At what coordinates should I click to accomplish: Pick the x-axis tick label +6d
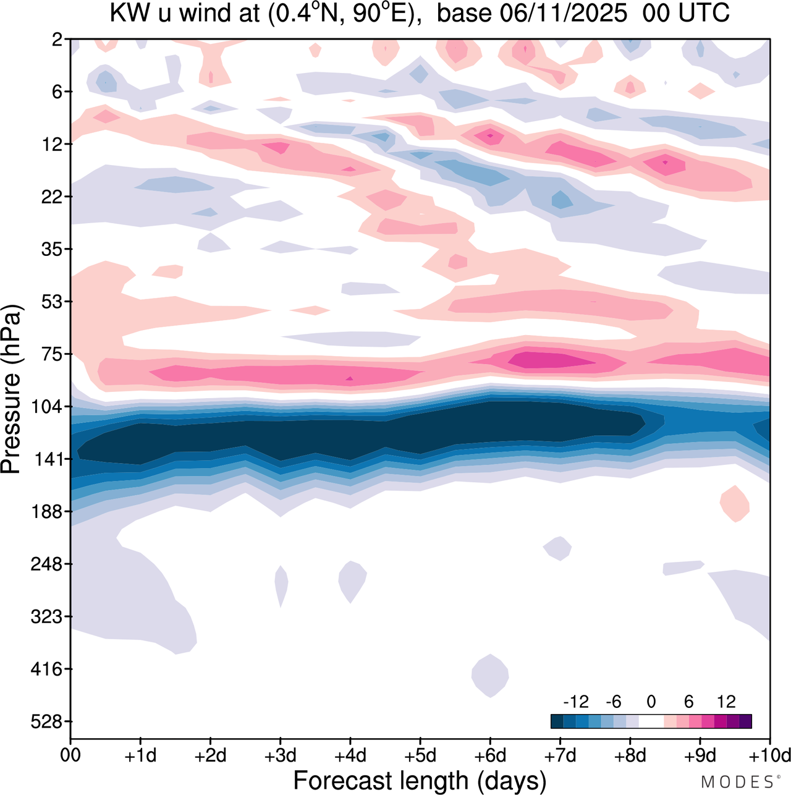[x=490, y=755]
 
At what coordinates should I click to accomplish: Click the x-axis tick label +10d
[x=769, y=755]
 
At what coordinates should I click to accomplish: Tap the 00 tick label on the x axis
[x=70, y=755]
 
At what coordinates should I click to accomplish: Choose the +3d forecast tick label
[x=280, y=755]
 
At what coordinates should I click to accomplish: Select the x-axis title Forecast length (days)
[x=420, y=781]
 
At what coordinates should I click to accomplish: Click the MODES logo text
[x=739, y=782]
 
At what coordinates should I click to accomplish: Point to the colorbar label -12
[x=575, y=702]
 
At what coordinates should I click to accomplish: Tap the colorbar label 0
[x=651, y=702]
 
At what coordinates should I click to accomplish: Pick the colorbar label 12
[x=726, y=702]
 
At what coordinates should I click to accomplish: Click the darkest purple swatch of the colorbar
[x=745, y=721]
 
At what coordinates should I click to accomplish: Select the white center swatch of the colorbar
[x=651, y=721]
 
